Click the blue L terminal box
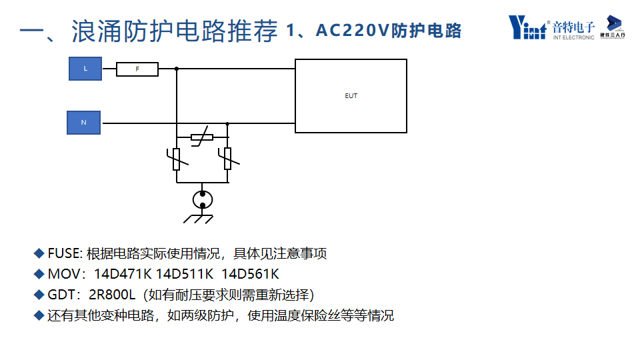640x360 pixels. point(85,69)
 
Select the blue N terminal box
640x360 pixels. point(83,123)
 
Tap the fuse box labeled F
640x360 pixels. point(137,69)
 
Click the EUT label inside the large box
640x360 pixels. point(351,96)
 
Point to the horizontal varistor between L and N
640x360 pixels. point(201,137)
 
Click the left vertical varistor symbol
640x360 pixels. point(177,158)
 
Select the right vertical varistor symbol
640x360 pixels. point(227,158)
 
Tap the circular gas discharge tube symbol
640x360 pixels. point(203,199)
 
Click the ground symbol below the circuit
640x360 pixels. point(199,218)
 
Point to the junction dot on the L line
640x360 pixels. point(177,69)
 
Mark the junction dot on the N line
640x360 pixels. point(227,123)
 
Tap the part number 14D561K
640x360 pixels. point(250,274)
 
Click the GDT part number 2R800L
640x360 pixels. point(112,295)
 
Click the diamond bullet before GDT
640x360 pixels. point(39,294)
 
